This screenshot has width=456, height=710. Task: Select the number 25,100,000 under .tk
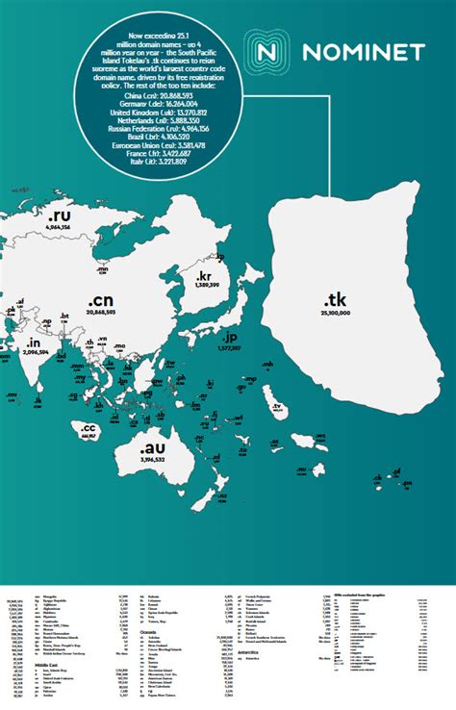[337, 313]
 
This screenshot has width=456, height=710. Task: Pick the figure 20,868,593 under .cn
[100, 313]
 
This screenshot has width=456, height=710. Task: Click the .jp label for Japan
[228, 339]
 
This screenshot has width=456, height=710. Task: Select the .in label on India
[34, 343]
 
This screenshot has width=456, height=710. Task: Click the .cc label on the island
[89, 428]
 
